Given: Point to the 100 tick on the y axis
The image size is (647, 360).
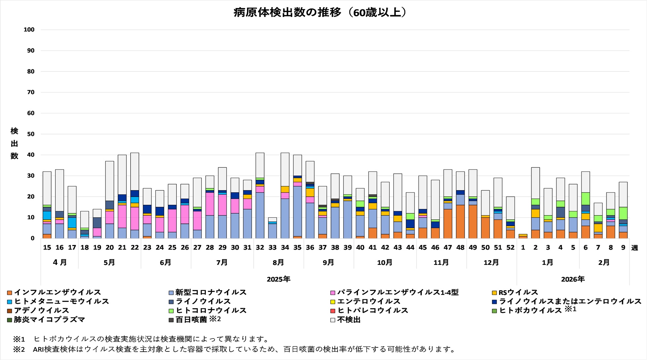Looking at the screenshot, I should [x=29, y=30].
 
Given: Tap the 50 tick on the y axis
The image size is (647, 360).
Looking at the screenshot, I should [x=30, y=134].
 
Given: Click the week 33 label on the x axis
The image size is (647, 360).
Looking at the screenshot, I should [x=272, y=248].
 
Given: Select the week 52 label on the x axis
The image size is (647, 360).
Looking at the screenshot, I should [x=510, y=248].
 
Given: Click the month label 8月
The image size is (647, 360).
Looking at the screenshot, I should [x=278, y=263].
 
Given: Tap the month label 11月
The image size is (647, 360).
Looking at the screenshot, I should [x=441, y=263].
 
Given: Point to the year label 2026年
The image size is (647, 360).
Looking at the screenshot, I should [x=573, y=279].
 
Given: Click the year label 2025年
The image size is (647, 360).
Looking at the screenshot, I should [x=278, y=279].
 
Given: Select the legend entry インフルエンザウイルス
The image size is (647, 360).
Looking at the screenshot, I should [x=57, y=292].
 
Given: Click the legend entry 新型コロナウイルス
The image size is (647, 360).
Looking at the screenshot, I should [x=211, y=292].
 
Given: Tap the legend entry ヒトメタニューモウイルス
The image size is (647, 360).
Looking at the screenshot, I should [x=61, y=301].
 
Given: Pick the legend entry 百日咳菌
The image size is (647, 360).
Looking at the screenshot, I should [x=191, y=320].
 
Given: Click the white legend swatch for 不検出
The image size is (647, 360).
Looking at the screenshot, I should [x=333, y=320].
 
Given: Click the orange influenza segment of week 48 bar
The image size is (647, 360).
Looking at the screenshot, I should [x=460, y=221].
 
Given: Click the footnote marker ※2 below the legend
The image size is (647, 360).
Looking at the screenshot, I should [x=19, y=349].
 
